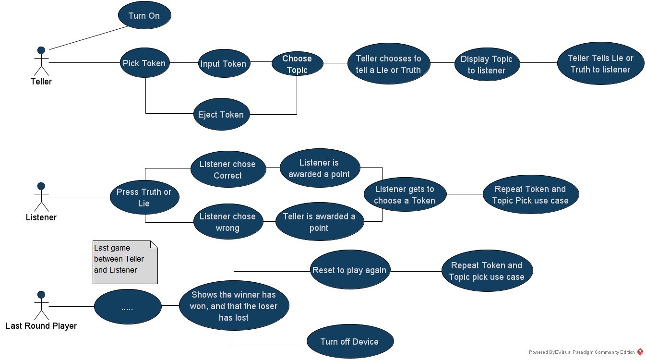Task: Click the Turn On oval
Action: tap(144, 16)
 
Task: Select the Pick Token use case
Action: tap(144, 63)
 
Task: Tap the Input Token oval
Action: tap(224, 64)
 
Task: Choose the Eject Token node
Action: tap(221, 115)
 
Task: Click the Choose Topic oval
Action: tap(297, 64)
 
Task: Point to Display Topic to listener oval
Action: tap(487, 65)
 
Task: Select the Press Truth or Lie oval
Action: tap(144, 197)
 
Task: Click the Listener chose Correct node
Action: tap(227, 170)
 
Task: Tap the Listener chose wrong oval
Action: tap(227, 222)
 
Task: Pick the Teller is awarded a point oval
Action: tap(319, 222)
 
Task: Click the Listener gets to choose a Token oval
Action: tap(405, 195)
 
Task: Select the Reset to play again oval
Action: tap(349, 270)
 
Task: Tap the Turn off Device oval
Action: tap(349, 342)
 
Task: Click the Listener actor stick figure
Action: tap(41, 197)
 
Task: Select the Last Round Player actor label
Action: tap(41, 326)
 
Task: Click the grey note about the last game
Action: tap(125, 262)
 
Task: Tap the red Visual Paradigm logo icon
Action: tap(640, 352)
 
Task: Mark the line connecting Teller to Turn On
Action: tap(89, 37)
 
